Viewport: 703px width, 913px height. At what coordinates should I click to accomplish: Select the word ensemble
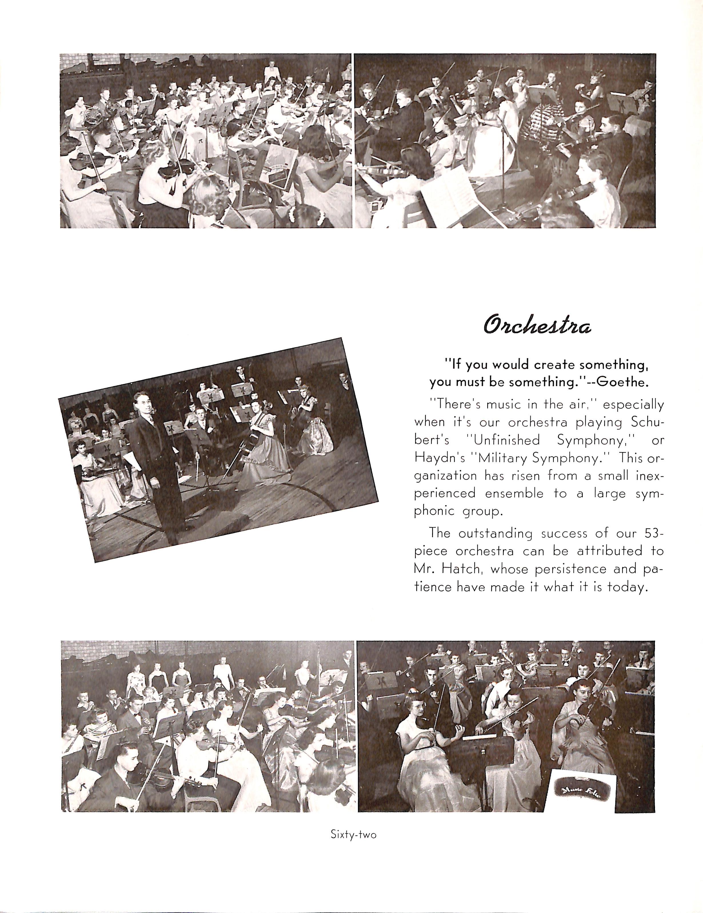pos(514,493)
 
